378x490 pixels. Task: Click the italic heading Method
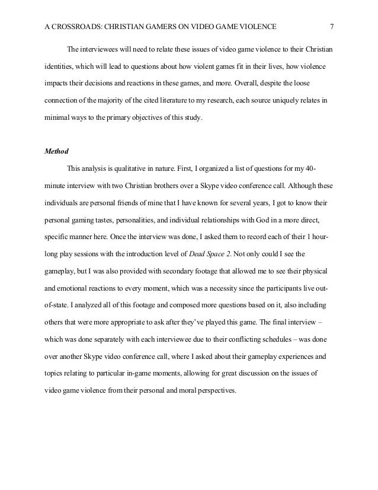point(57,151)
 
